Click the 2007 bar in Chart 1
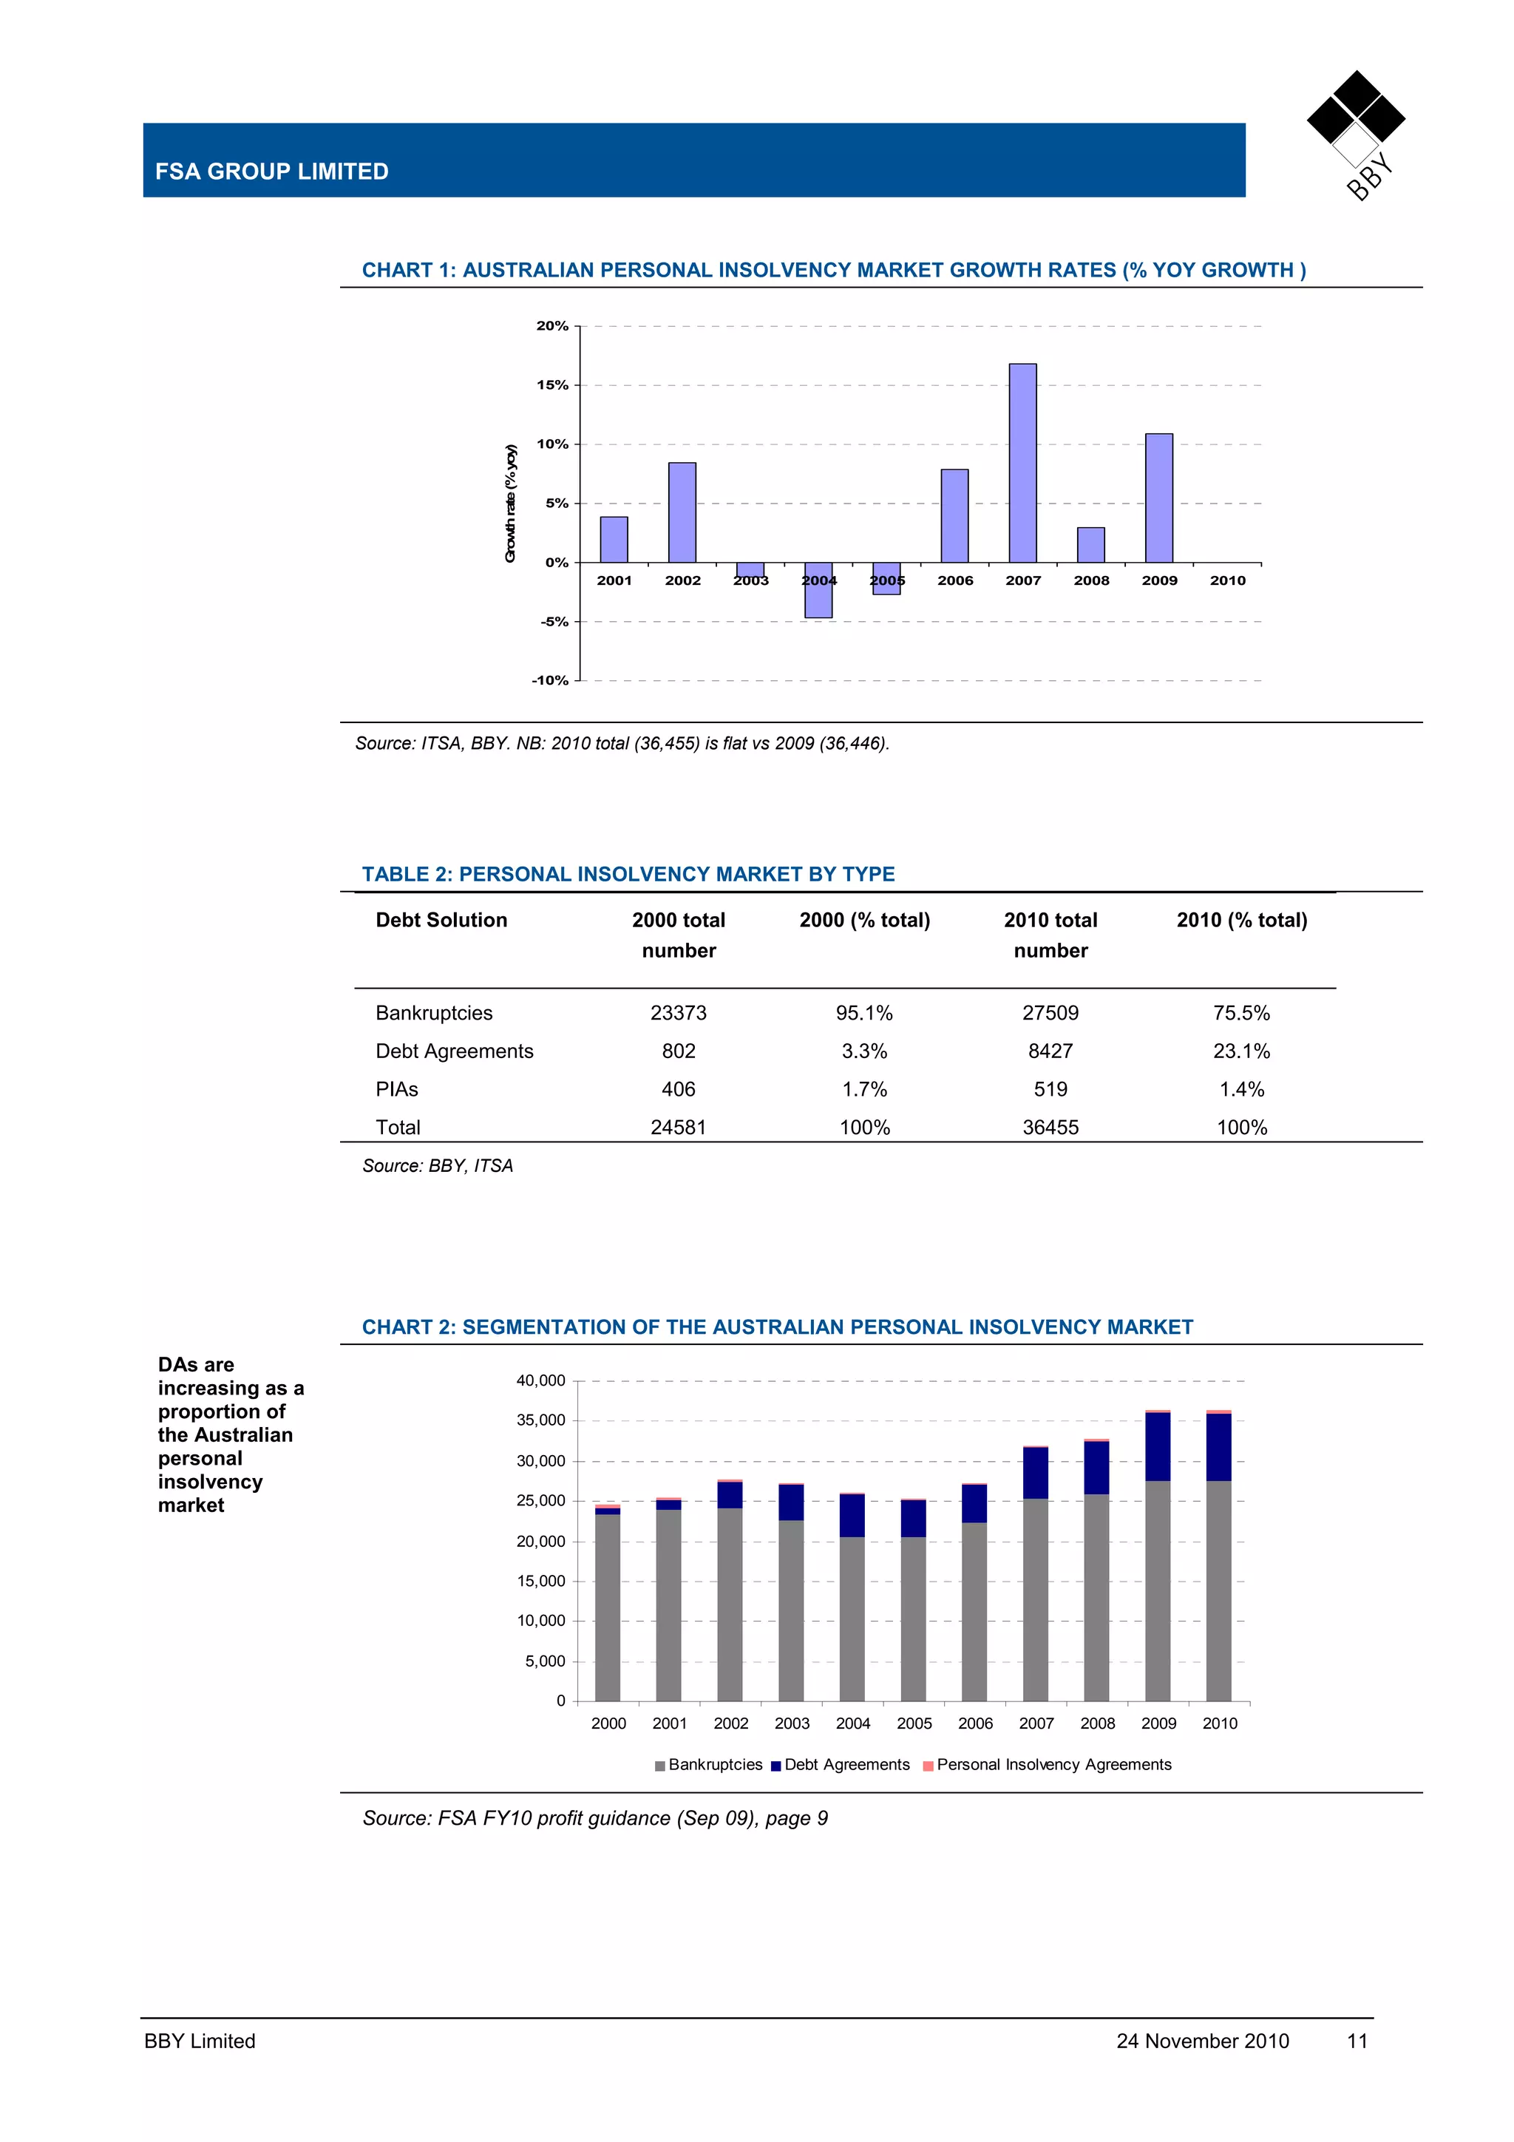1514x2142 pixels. click(1022, 464)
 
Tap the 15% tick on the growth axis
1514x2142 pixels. click(552, 385)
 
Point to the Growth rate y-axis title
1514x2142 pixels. click(510, 504)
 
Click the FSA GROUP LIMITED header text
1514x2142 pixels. click(271, 172)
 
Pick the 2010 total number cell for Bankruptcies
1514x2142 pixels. click(1050, 1013)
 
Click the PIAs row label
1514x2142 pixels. click(396, 1090)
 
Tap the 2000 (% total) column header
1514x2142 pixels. click(865, 921)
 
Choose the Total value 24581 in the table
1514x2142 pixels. click(678, 1128)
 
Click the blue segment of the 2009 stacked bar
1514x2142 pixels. click(1158, 1446)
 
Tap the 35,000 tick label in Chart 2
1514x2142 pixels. click(541, 1421)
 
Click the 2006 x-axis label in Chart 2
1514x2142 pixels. click(975, 1724)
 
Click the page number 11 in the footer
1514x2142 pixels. click(1357, 2041)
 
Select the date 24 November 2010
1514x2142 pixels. click(1203, 2041)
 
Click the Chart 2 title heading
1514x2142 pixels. click(777, 1327)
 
